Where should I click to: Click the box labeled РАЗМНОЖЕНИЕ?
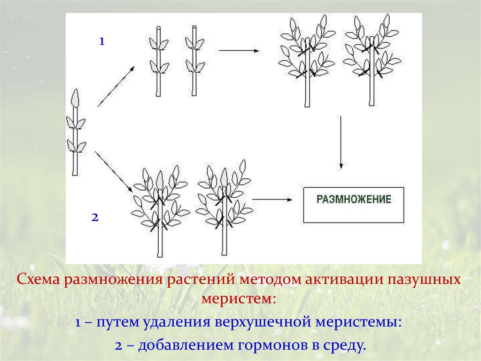[x=353, y=205]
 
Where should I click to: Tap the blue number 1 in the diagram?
[x=101, y=41]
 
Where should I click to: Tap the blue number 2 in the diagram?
[x=94, y=217]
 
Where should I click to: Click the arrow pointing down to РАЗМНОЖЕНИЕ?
[x=341, y=142]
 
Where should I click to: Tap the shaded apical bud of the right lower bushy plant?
[x=224, y=178]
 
